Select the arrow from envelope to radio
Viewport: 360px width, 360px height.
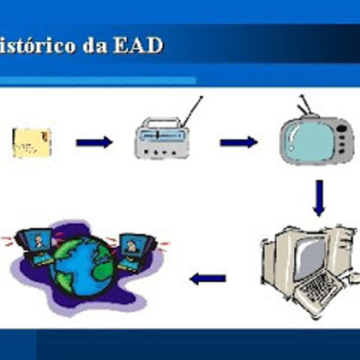(x=94, y=142)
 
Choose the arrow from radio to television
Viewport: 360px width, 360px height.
(x=238, y=142)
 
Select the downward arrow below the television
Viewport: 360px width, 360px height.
(x=319, y=197)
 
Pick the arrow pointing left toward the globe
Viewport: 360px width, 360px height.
(x=208, y=278)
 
